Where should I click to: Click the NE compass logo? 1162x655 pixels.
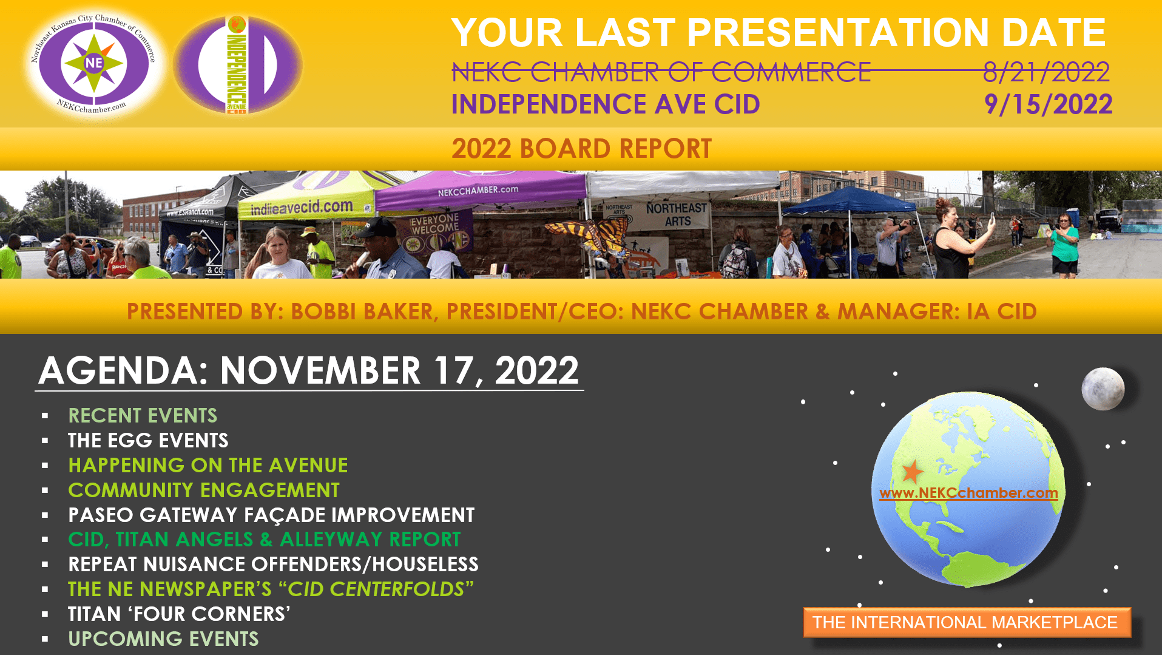tap(94, 63)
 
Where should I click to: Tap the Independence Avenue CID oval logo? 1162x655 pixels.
tap(238, 64)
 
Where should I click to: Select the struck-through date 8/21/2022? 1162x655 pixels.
tap(1046, 72)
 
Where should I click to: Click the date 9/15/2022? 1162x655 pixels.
tap(1048, 104)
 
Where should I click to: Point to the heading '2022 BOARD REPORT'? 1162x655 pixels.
tap(581, 149)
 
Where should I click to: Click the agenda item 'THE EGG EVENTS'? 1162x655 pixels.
tap(148, 440)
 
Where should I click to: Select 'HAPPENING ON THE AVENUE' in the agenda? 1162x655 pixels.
tap(208, 465)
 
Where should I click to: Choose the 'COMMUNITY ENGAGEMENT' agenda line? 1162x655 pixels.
tap(204, 490)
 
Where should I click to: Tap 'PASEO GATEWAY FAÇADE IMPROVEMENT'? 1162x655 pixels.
tap(271, 515)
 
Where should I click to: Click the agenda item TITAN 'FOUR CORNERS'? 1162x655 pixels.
tap(179, 614)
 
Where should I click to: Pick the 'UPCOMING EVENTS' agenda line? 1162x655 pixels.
tap(163, 639)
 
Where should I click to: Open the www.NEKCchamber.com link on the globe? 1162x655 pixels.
tap(968, 493)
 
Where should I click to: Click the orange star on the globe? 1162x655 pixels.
tap(912, 472)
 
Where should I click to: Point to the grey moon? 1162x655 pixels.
tap(1103, 389)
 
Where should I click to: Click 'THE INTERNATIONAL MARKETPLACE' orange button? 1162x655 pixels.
tap(967, 622)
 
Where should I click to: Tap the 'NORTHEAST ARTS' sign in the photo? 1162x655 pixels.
tap(677, 215)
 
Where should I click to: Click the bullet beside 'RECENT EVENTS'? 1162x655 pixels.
tap(45, 416)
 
